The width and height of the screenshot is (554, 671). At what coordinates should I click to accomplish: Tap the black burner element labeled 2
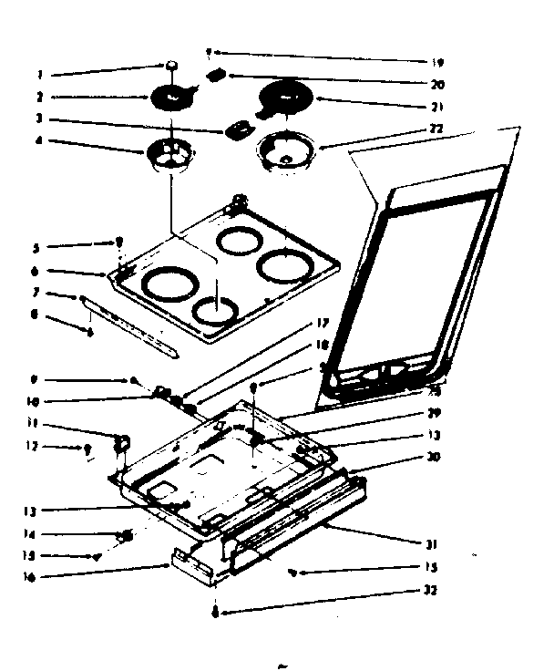[171, 96]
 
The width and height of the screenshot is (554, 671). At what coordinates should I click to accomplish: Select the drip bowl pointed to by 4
[169, 152]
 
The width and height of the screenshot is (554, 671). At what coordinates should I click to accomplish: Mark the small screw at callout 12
[87, 449]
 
